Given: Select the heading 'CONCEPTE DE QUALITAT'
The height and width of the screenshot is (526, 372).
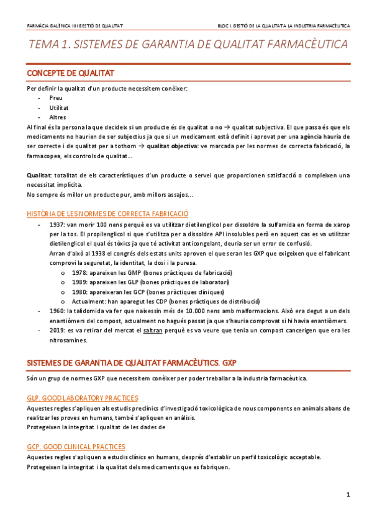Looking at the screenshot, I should point(70,73).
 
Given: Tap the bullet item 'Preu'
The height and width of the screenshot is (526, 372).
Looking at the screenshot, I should point(56,98).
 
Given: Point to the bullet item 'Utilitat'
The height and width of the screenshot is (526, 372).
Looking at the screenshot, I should point(59,107).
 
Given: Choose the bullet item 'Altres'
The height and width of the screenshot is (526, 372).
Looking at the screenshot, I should point(58,117).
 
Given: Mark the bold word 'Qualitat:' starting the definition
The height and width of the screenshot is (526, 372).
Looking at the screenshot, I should point(39,176).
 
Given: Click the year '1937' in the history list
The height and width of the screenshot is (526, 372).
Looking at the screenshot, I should point(57,224).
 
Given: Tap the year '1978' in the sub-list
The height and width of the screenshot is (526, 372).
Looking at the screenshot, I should point(79,273).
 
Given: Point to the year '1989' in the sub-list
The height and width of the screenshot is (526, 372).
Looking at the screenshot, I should point(79,282).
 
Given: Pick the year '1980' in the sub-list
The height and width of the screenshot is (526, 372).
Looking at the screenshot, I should point(79,292).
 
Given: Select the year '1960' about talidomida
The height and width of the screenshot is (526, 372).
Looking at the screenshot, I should point(57,311).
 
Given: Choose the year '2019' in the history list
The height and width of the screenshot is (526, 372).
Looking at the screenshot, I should point(57,330).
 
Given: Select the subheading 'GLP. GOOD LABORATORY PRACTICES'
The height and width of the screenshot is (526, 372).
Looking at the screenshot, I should point(83,398).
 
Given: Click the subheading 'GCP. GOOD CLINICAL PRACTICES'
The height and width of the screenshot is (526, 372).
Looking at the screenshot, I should point(76,447).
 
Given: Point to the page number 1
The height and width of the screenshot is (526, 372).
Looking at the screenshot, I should point(348,494).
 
